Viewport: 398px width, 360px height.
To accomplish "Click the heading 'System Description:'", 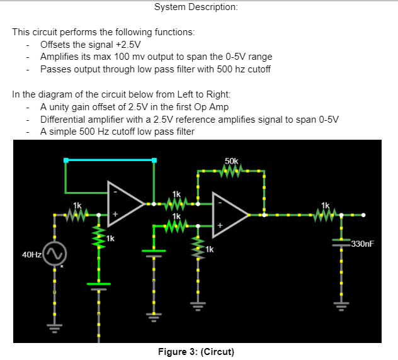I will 196,7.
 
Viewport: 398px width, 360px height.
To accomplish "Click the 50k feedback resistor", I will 232,171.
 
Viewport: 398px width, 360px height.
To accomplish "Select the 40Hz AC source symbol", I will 54,254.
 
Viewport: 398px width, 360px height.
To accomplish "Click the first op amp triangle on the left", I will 126,203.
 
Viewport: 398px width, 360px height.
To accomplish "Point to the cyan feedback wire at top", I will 110,159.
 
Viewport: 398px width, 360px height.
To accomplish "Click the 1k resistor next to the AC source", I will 77,215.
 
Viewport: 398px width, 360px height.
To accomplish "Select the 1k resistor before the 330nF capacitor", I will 325,215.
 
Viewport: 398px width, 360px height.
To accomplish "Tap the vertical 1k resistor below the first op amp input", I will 98,239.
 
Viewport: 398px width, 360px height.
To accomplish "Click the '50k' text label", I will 231,161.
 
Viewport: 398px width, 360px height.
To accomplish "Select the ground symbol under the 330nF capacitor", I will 341,307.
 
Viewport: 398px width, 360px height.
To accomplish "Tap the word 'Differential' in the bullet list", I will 64,119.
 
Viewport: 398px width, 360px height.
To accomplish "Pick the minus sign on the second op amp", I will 220,203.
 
